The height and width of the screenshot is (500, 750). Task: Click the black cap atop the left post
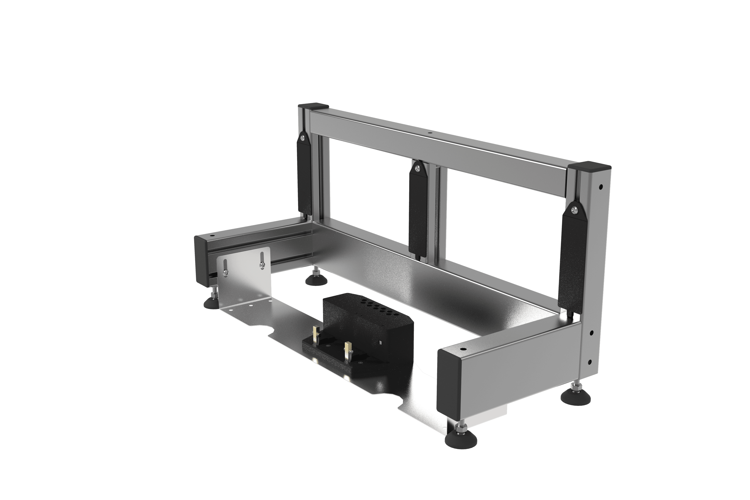313,106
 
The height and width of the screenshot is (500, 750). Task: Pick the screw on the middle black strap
418,166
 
